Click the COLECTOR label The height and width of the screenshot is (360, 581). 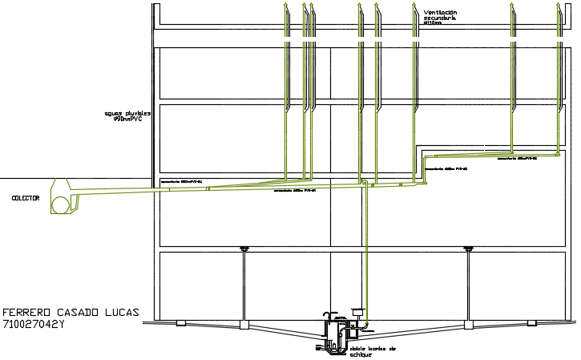(x=26, y=197)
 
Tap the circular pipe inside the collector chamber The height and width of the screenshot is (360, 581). (x=59, y=205)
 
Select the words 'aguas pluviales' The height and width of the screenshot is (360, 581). (x=127, y=114)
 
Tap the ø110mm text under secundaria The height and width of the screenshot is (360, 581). (x=434, y=23)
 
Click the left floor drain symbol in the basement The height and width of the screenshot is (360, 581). (x=244, y=250)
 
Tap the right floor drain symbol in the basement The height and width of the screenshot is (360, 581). (x=468, y=250)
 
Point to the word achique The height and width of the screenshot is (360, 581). (x=361, y=355)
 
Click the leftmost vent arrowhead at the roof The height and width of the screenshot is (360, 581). (x=287, y=6)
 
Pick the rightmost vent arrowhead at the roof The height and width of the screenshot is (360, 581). (x=558, y=6)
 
